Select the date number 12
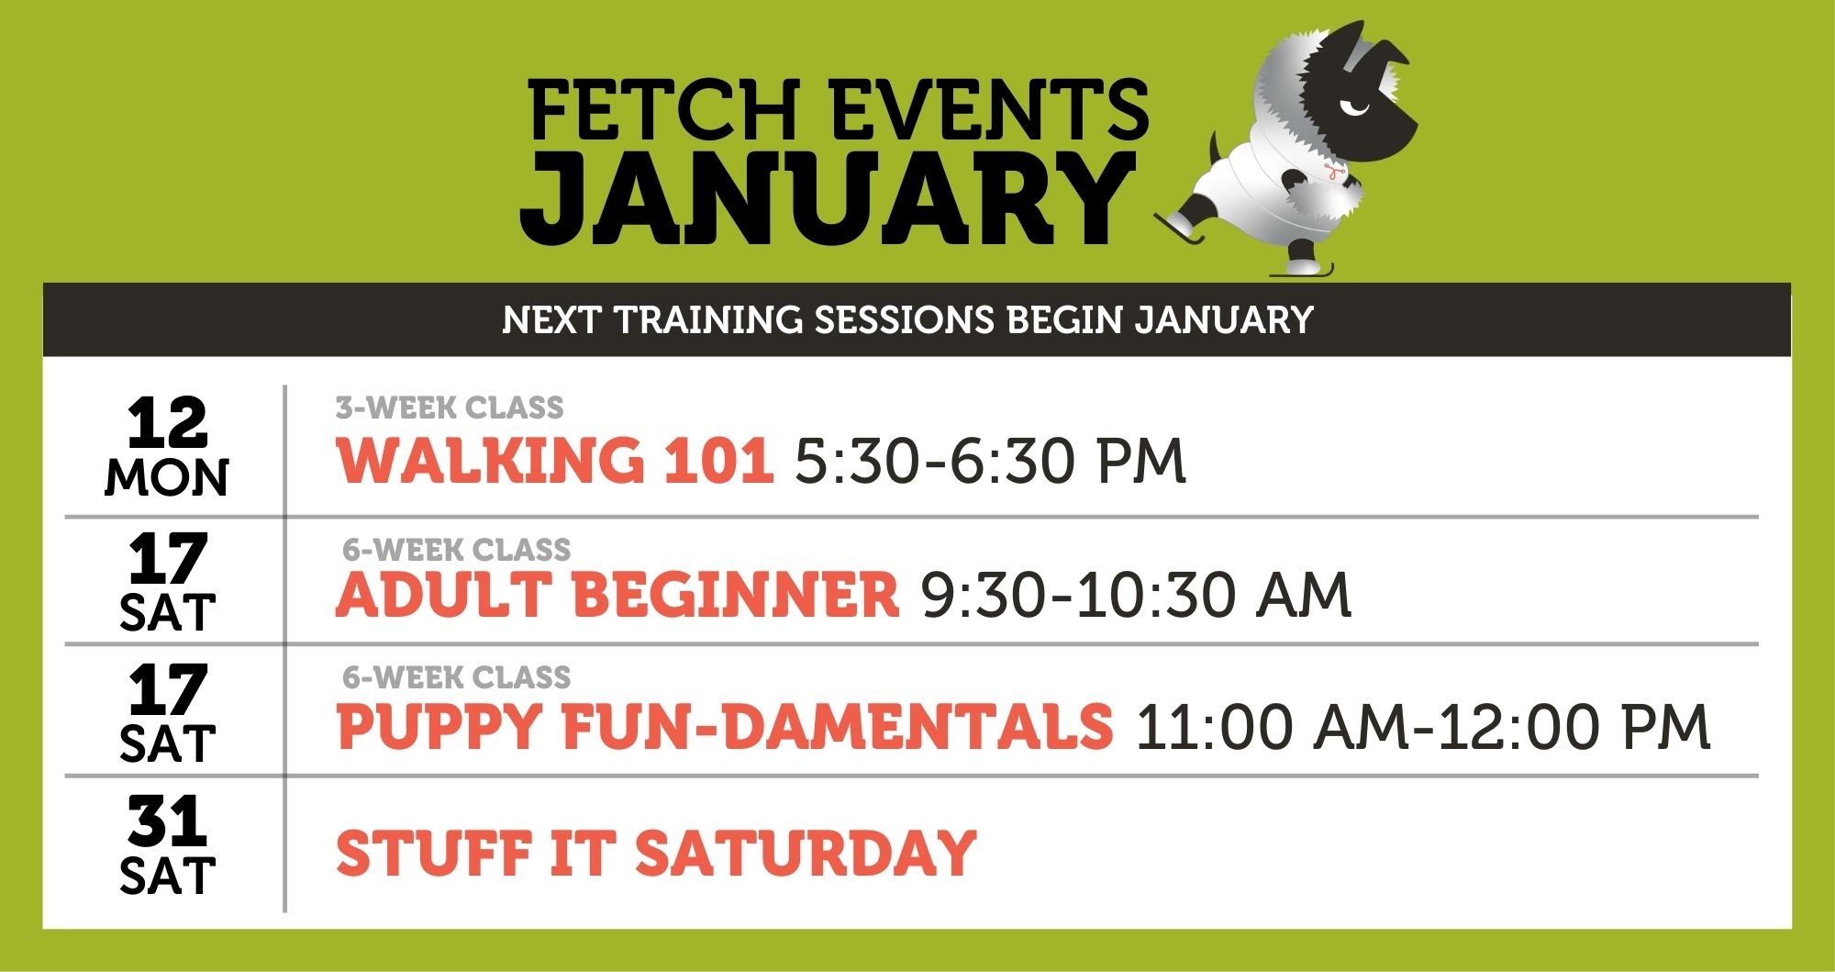(x=167, y=422)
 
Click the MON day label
(x=167, y=478)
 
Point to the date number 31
(x=167, y=821)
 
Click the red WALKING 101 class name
(x=554, y=460)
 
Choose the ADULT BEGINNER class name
(x=617, y=594)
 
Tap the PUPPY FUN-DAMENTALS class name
(x=725, y=726)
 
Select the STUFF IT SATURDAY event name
(x=656, y=853)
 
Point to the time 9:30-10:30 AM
(x=1137, y=595)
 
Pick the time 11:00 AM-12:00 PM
(x=1423, y=727)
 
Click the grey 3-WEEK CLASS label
(x=450, y=408)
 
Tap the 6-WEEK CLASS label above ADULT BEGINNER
(x=456, y=550)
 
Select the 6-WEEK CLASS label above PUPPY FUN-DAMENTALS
(x=456, y=677)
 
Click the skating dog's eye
(x=1354, y=108)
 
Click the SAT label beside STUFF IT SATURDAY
(x=167, y=877)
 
